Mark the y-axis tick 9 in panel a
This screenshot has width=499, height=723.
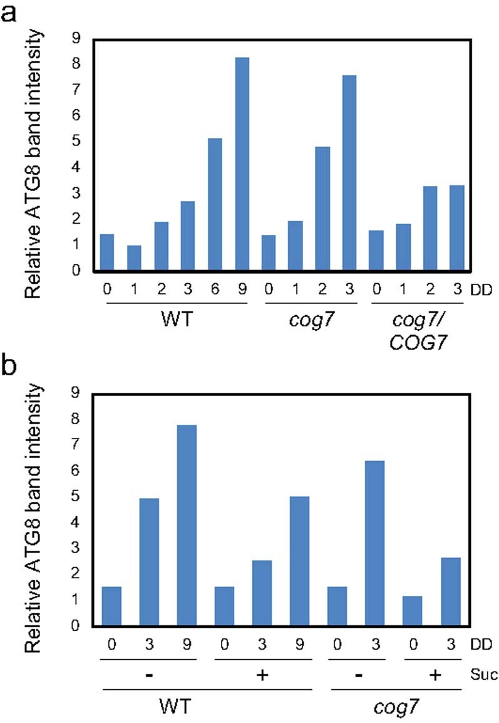76,39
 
